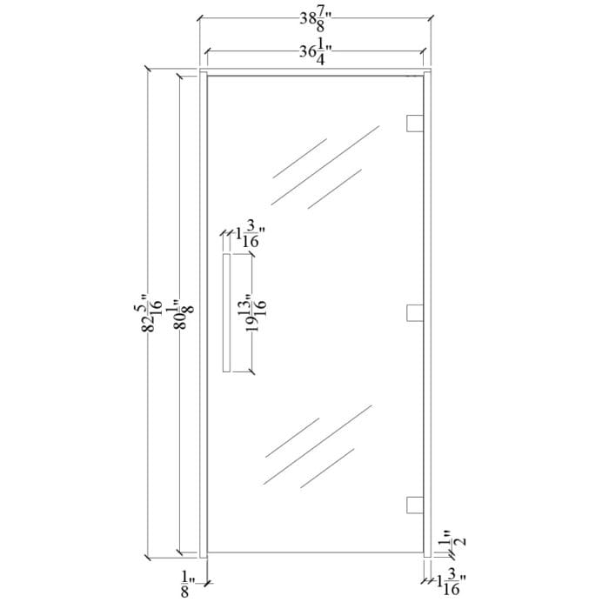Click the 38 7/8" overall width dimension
[x=315, y=19]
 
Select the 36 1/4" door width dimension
[x=315, y=51]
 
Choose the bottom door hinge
[x=415, y=505]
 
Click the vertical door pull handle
[x=225, y=314]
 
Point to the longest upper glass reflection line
[x=326, y=165]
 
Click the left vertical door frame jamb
[x=203, y=314]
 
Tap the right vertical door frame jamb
[x=427, y=314]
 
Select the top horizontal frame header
[x=315, y=72]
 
